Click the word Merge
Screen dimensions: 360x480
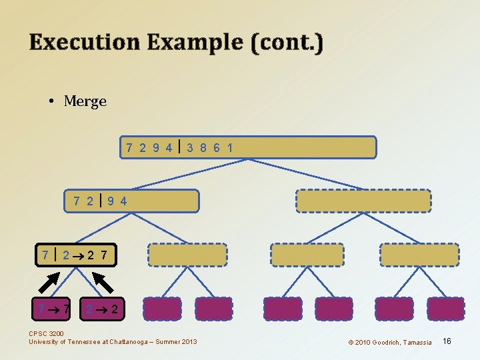85,101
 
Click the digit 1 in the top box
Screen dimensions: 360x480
230,147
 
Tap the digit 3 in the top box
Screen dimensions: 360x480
191,147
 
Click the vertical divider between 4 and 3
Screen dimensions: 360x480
180,147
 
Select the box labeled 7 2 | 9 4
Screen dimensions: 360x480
132,201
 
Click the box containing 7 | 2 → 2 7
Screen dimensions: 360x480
79,255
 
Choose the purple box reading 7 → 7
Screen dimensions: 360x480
53,309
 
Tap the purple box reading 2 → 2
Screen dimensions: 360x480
104,309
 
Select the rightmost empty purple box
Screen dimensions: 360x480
445,309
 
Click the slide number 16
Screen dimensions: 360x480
447,341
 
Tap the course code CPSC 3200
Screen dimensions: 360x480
47,334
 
